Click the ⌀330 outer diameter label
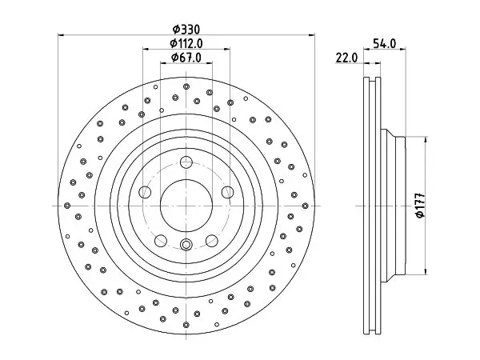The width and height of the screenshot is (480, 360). pyautogui.click(x=186, y=30)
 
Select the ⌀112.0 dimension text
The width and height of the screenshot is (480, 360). pyautogui.click(x=186, y=43)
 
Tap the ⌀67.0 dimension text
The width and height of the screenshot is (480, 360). pyautogui.click(x=186, y=58)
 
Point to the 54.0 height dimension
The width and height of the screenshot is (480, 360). pyautogui.click(x=385, y=43)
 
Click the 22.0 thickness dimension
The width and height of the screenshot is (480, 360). pyautogui.click(x=346, y=58)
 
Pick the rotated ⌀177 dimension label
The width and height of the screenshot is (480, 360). pyautogui.click(x=421, y=205)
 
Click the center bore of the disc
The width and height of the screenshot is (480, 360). pyautogui.click(x=186, y=206)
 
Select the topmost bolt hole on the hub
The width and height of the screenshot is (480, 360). pyautogui.click(x=186, y=162)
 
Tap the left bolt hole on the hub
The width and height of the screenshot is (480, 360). pyautogui.click(x=145, y=192)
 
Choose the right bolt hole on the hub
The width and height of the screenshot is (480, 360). pyautogui.click(x=228, y=192)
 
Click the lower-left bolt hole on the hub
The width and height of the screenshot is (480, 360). pyautogui.click(x=161, y=241)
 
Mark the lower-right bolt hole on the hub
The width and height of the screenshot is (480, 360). pyautogui.click(x=212, y=241)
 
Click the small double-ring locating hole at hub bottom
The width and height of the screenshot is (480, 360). pyautogui.click(x=186, y=245)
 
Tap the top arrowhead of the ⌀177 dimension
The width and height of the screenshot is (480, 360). pyautogui.click(x=426, y=139)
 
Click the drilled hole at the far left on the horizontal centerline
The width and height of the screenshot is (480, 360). pyautogui.click(x=67, y=206)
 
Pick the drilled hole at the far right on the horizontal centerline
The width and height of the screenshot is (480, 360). pyautogui.click(x=306, y=206)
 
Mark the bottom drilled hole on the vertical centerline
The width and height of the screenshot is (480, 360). pyautogui.click(x=186, y=325)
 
